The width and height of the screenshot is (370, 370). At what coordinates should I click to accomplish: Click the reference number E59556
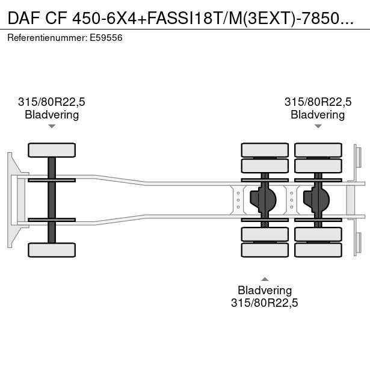click(106, 37)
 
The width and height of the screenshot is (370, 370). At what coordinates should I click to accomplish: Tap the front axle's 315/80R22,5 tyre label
click(52, 102)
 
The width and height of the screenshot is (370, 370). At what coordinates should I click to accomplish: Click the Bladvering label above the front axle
click(52, 114)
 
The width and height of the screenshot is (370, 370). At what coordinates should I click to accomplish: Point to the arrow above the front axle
click(52, 126)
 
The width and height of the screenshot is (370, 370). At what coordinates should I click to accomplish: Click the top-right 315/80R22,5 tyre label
click(318, 102)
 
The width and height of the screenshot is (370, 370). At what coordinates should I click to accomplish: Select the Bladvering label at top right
click(318, 114)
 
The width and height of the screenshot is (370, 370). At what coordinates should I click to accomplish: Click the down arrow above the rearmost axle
click(318, 126)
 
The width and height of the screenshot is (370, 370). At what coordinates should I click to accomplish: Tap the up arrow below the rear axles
click(265, 279)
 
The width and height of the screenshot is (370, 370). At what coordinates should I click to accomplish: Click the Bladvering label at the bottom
click(265, 291)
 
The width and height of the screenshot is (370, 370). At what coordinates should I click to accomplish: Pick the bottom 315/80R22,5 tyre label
click(265, 303)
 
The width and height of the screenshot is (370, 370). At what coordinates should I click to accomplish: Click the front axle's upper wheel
click(52, 150)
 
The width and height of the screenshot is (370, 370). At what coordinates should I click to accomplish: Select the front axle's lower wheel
click(52, 250)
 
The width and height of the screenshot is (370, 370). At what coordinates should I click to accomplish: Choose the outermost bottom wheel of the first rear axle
click(265, 250)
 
